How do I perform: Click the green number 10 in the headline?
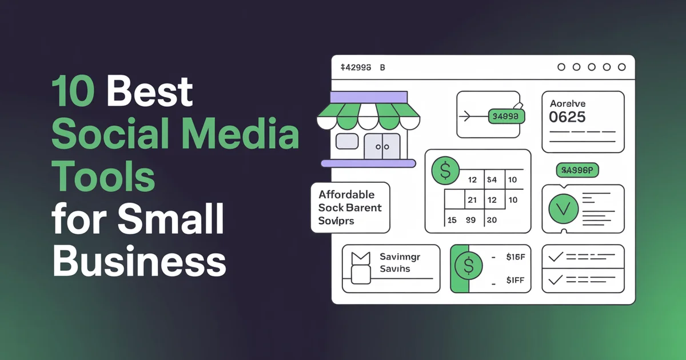[73, 93]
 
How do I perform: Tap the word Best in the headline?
[150, 93]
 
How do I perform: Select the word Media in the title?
[252, 135]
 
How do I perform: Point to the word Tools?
[103, 178]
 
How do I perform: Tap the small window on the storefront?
[346, 141]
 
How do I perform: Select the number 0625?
[567, 117]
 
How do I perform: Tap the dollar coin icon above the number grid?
[446, 170]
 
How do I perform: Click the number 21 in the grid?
[472, 200]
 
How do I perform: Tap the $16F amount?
[516, 257]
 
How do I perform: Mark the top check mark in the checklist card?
[555, 257]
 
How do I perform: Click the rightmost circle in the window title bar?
[622, 67]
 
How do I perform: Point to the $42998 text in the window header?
[356, 67]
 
